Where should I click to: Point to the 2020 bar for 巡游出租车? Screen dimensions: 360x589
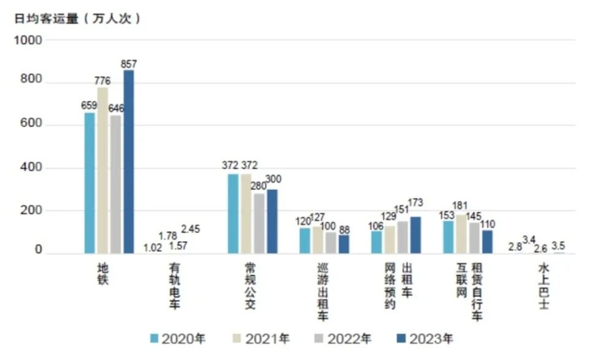pyautogui.click(x=305, y=241)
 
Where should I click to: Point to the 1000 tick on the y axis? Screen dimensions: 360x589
pyautogui.click(x=28, y=40)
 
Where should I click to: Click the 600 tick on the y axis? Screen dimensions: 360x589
pyautogui.click(x=31, y=125)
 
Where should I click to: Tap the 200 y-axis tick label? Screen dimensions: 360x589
pyautogui.click(x=31, y=210)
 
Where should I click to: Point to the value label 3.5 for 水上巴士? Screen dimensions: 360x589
pyautogui.click(x=558, y=246)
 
